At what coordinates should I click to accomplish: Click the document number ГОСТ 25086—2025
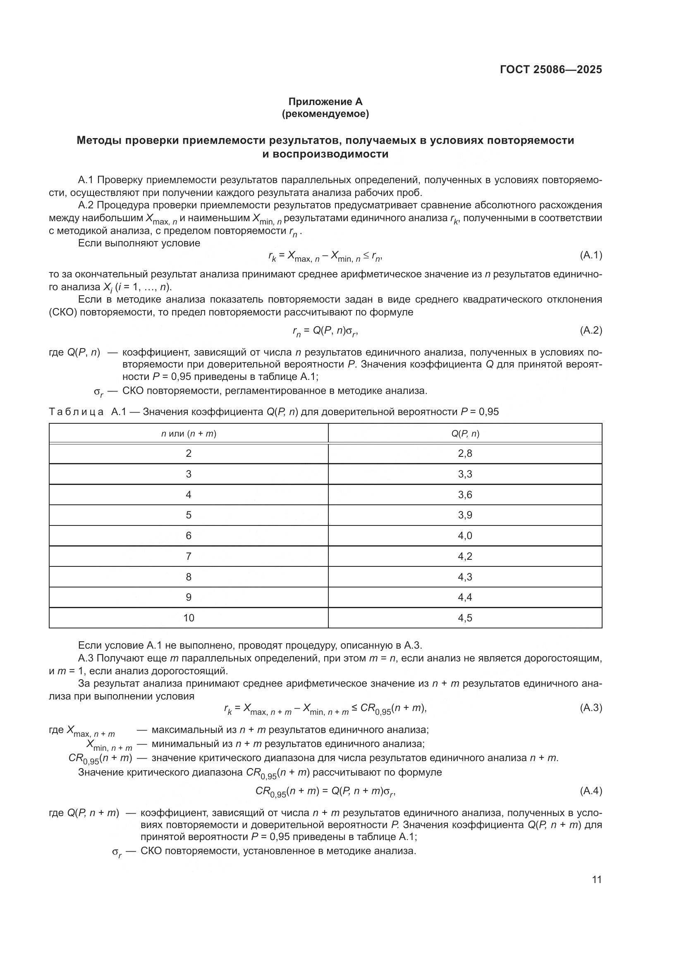click(551, 70)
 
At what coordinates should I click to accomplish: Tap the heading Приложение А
click(325, 102)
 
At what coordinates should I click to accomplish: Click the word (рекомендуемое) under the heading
click(325, 114)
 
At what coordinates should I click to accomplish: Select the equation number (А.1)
click(591, 255)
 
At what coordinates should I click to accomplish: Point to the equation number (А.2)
click(591, 331)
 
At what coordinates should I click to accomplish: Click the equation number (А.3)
click(591, 708)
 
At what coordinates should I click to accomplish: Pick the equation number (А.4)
click(591, 791)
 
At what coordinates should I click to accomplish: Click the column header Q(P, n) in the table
click(465, 433)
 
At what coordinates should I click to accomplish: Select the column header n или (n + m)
click(189, 433)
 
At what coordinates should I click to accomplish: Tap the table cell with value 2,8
click(465, 454)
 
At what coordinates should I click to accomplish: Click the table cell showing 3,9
click(465, 515)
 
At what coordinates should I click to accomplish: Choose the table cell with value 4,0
click(465, 536)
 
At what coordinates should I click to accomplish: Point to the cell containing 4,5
click(465, 618)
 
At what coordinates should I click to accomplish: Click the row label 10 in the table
click(189, 618)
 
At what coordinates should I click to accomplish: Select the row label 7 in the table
click(189, 556)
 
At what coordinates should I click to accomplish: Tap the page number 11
click(597, 879)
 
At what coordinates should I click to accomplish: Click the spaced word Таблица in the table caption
click(76, 412)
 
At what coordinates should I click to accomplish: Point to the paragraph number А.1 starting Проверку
click(86, 180)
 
